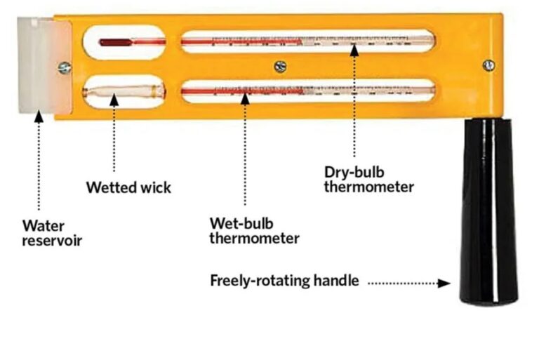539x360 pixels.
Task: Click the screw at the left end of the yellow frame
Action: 65,67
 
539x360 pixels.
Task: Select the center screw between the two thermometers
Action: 280,66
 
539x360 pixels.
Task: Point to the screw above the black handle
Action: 488,65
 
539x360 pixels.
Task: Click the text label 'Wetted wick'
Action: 128,188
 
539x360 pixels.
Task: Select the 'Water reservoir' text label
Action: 53,233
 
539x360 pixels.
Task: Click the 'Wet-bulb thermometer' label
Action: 255,231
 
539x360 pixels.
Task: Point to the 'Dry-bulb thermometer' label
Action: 368,179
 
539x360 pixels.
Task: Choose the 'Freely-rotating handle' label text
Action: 284,281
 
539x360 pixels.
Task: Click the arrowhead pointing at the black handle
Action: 444,284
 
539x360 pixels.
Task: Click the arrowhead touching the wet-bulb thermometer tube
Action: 245,99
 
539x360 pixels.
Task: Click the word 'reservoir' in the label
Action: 53,240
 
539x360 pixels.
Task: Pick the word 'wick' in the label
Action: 156,188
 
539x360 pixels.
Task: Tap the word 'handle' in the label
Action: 336,281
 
